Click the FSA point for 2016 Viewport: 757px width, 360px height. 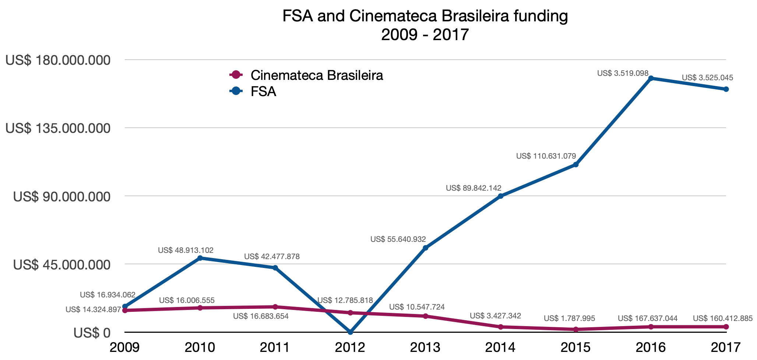pos(651,78)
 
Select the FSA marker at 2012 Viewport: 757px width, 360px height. pos(351,332)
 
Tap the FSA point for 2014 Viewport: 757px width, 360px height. pos(501,196)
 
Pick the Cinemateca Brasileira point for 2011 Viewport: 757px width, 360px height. pos(275,307)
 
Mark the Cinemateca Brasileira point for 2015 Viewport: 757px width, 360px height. pos(576,329)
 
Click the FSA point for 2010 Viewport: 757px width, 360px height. pos(200,258)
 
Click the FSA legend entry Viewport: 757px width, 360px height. pos(263,91)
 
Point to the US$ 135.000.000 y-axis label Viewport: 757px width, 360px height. pos(58,128)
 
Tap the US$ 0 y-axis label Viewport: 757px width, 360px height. pos(92,333)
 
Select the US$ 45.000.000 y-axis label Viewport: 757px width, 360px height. pos(62,265)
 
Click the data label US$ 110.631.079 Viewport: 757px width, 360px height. pos(546,156)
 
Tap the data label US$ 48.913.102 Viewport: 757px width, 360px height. pos(186,250)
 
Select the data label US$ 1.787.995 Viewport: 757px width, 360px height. pos(569,318)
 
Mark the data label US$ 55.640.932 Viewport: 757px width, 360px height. pos(398,239)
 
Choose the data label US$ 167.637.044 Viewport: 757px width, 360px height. pos(648,318)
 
